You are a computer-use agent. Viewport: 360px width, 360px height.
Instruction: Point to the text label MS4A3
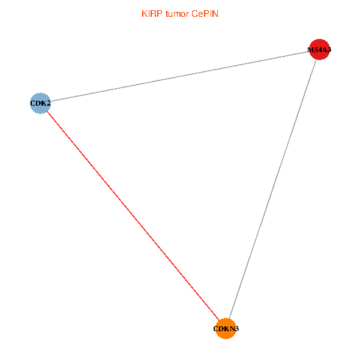click(319, 50)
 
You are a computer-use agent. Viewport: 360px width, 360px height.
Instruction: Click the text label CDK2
click(40, 103)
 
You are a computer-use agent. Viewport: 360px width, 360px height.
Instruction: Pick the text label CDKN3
click(226, 329)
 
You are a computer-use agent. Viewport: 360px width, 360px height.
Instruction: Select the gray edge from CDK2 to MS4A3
click(180, 77)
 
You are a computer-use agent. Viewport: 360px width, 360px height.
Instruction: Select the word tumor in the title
click(177, 14)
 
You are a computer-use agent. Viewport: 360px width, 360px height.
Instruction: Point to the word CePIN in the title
click(205, 14)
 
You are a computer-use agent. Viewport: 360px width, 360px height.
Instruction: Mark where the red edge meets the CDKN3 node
click(219, 320)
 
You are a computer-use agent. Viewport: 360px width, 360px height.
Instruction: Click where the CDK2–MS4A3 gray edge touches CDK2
click(50, 101)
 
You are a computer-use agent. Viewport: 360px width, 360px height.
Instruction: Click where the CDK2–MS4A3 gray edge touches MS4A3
click(309, 52)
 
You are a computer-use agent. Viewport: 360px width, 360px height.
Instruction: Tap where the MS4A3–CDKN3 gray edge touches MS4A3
click(316, 61)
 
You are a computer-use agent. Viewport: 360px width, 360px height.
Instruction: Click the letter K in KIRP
click(144, 14)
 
